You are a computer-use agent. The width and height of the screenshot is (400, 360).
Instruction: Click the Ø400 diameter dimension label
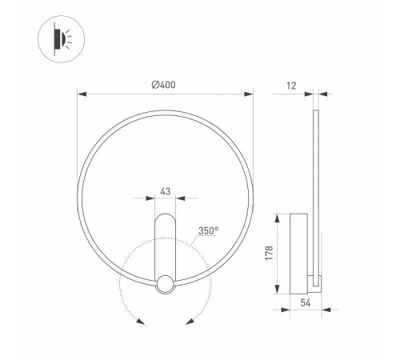pyautogui.click(x=166, y=85)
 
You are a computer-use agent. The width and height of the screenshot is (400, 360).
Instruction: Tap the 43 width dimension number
pyautogui.click(x=166, y=191)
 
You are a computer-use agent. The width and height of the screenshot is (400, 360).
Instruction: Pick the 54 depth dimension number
pyautogui.click(x=305, y=304)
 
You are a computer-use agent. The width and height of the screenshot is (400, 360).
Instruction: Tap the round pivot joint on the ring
pyautogui.click(x=166, y=283)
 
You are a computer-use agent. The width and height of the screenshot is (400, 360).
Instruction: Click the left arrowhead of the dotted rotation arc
pyautogui.click(x=141, y=322)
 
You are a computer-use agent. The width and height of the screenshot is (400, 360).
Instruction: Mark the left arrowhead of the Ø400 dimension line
pyautogui.click(x=81, y=94)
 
